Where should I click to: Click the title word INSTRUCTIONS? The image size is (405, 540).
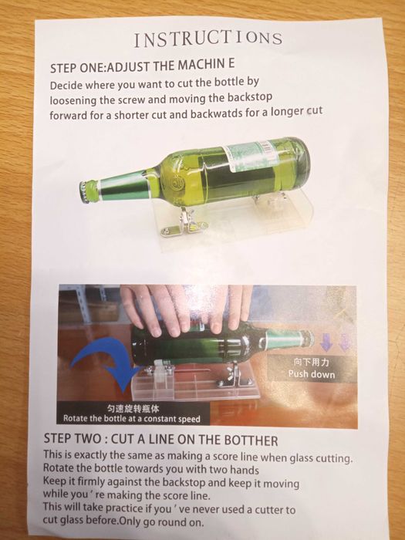click(208, 39)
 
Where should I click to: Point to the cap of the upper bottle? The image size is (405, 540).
click(83, 191)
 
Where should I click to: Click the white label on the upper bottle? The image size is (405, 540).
click(251, 157)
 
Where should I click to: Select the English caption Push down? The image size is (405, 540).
click(312, 374)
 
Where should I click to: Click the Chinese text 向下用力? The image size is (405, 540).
click(312, 362)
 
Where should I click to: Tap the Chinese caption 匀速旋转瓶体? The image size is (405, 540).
click(133, 409)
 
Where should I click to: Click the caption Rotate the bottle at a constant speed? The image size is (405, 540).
click(132, 419)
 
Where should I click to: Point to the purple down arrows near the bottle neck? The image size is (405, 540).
click(335, 343)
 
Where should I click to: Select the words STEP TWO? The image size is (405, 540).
click(73, 438)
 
